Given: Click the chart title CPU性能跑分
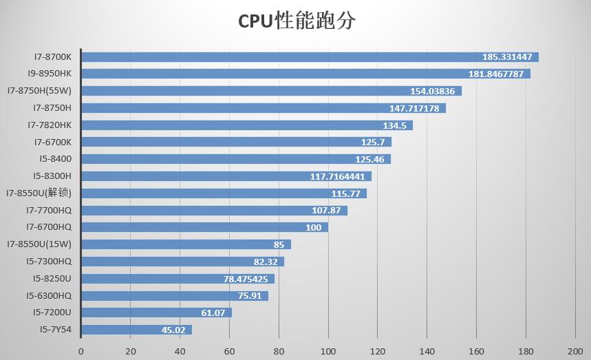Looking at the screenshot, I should [x=297, y=21].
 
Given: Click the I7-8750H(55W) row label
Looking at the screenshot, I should [x=40, y=91].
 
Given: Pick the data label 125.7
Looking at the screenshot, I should [x=372, y=142].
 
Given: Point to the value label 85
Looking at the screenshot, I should [x=279, y=244].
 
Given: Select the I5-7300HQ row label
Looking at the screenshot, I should [x=49, y=262].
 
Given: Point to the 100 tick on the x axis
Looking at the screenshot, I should [x=328, y=350].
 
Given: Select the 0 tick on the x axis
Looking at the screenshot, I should [x=81, y=350].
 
